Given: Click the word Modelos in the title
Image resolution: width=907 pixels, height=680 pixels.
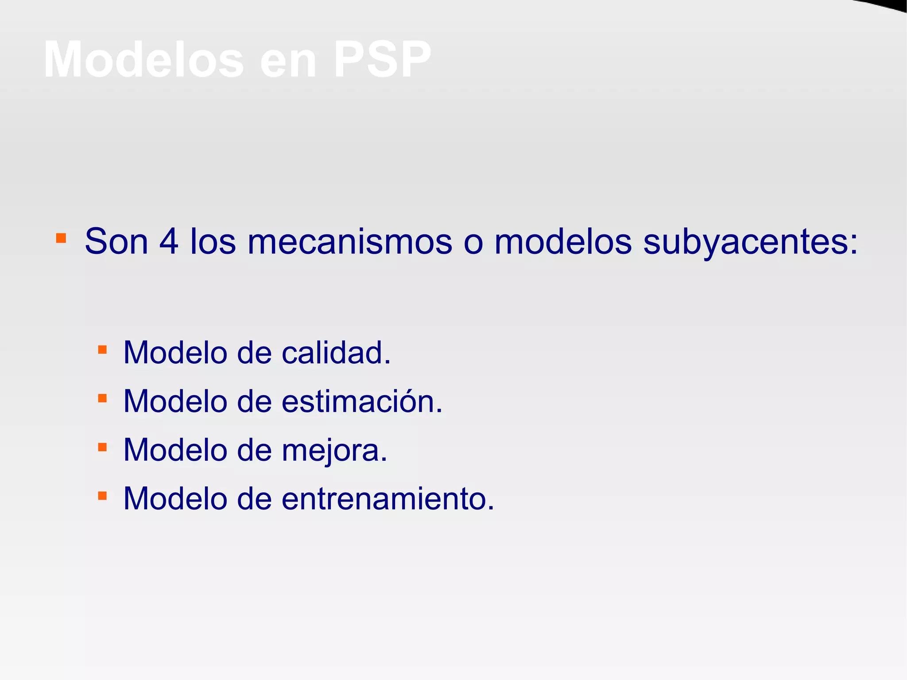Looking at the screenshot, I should [144, 60].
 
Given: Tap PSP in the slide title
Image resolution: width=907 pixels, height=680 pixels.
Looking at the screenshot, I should [382, 60].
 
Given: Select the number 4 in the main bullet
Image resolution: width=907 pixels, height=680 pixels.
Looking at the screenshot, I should [169, 242].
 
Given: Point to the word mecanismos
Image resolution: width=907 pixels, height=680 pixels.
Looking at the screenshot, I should [349, 242].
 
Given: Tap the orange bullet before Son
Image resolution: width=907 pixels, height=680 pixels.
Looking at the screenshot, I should [61, 239].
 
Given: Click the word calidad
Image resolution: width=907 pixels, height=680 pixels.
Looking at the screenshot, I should [336, 353].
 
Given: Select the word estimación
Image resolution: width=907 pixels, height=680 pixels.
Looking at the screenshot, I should [361, 401].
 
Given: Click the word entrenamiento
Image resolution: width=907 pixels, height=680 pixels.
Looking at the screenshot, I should [387, 499].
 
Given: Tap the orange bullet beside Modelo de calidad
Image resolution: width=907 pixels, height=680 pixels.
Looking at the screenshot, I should [102, 350].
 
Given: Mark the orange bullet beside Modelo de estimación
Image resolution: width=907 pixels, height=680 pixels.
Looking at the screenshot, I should [102, 398].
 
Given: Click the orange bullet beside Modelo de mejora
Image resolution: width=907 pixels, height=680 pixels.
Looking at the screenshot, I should [102, 447].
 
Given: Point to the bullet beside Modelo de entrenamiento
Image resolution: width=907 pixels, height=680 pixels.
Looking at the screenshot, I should [102, 495].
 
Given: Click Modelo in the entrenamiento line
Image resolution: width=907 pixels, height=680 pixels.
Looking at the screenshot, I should [175, 499].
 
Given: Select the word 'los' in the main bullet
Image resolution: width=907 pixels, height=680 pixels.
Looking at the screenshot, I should [213, 242].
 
